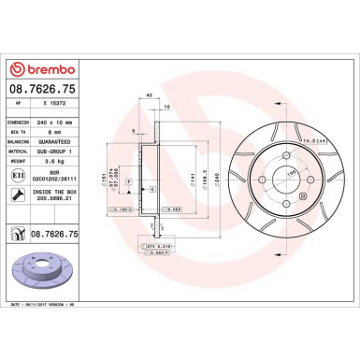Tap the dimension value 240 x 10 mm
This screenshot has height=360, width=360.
point(62,123)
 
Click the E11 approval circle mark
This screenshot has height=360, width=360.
point(19,175)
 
